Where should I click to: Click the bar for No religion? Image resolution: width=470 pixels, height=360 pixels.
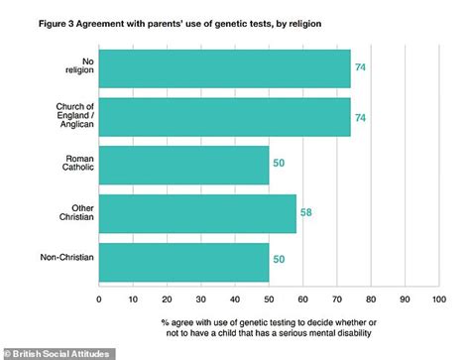click(225, 69)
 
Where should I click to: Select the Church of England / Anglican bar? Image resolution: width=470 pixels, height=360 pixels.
click(225, 117)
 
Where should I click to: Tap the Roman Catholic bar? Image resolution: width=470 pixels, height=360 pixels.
click(184, 165)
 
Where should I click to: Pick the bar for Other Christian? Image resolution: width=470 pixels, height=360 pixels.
click(197, 212)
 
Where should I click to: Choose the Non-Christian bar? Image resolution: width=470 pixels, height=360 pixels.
click(184, 260)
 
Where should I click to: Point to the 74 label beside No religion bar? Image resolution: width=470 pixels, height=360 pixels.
click(360, 69)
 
